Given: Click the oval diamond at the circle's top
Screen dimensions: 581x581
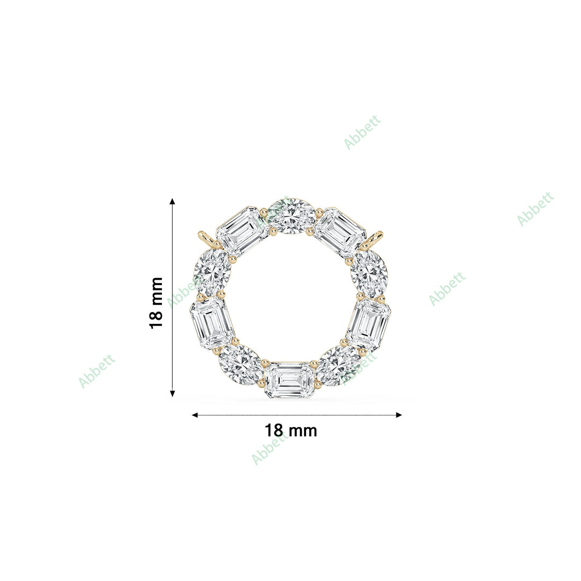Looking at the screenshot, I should pos(292,216).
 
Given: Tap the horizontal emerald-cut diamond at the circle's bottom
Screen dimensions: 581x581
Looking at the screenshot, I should pos(289,380).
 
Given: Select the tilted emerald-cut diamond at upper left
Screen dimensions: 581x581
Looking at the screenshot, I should pos(242,231).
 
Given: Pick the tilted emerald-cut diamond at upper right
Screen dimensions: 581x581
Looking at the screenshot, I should pos(339,231).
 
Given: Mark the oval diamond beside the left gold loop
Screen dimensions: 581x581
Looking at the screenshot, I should pos(212,272).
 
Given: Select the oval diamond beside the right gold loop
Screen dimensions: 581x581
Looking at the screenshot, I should pos(369,272).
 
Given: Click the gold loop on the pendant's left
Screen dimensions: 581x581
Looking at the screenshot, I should pos(204,238).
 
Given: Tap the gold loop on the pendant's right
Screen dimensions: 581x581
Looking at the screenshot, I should pos(377,238).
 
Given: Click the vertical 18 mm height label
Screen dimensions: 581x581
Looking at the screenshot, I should pos(156,302).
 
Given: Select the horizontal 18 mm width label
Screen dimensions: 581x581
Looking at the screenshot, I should pos(290,431).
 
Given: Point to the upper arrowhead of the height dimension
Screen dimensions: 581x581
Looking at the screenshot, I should pos(172,202).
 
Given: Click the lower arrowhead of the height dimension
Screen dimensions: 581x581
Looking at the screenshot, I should pos(172,393).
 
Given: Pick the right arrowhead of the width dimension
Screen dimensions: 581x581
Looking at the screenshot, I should pos(399,415).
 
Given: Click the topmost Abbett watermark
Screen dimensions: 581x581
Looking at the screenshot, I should pos(362,132).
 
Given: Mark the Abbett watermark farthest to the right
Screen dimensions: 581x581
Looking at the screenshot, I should pos(535,209).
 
